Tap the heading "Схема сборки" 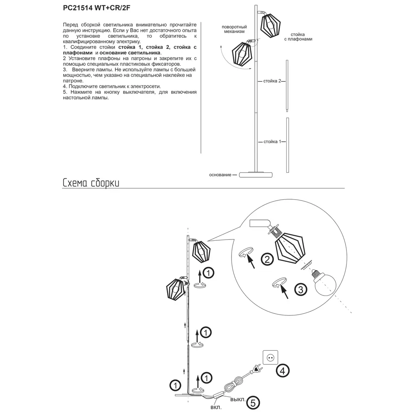tap(91, 183)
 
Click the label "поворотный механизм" tap(233, 29)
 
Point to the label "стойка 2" tap(272, 81)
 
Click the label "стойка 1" tap(272, 142)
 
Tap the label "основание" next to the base tap(220, 175)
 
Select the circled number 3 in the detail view tap(300, 289)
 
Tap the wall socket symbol tap(270, 357)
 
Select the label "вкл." tap(216, 407)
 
